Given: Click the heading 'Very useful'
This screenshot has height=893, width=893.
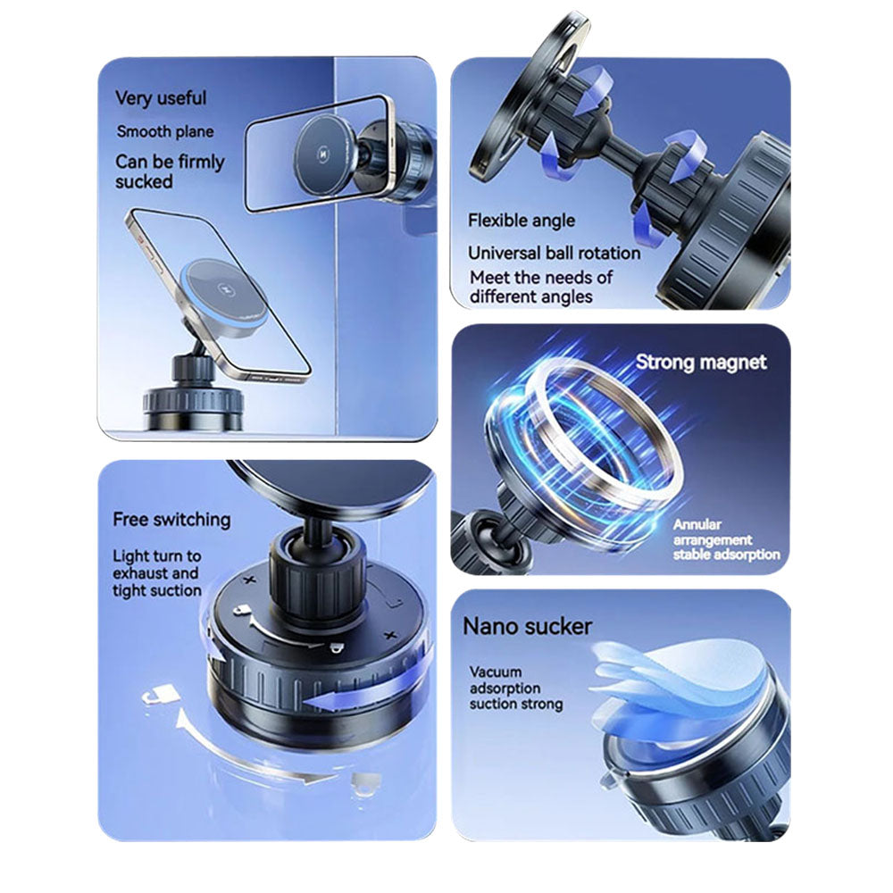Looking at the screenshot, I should (x=161, y=98).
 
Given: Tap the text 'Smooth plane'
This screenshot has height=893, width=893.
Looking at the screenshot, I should (x=165, y=131).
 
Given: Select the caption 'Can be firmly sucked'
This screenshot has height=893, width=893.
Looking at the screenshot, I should (x=170, y=171).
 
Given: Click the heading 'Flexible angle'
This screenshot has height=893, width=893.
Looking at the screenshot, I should (x=522, y=221).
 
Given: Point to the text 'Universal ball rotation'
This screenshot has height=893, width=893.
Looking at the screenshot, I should (x=554, y=253).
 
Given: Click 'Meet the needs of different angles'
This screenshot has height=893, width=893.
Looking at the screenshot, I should (x=541, y=287).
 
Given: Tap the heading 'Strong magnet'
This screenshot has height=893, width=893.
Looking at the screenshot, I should (x=701, y=362).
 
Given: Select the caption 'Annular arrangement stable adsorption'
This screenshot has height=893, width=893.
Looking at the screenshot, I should (x=725, y=539).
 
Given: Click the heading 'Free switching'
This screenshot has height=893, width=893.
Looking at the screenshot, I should (x=171, y=519).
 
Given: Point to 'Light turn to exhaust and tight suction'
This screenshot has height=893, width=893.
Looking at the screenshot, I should (x=157, y=573).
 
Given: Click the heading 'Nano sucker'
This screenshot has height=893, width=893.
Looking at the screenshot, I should (x=527, y=626).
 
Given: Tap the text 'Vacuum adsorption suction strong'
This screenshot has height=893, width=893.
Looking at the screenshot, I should (x=516, y=688).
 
